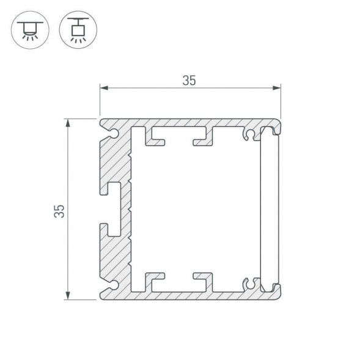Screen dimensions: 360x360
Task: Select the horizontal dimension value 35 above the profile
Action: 189,81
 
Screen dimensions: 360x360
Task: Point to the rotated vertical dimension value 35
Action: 59,210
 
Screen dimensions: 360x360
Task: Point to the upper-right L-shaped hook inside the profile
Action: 204,138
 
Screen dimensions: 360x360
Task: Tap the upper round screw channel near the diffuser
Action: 249,133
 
